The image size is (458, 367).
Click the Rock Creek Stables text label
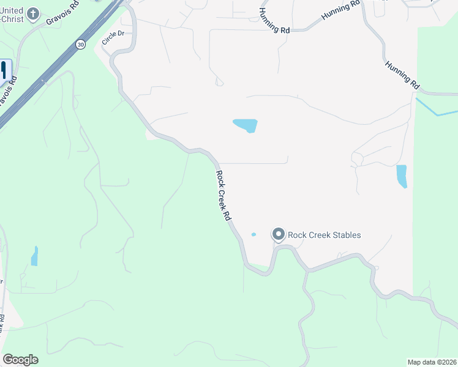(x=324, y=235)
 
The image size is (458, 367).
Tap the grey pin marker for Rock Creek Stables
(x=279, y=235)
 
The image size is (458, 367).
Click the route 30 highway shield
(x=81, y=44)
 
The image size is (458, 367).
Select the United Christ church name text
(x=12, y=15)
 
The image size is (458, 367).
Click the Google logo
(x=20, y=360)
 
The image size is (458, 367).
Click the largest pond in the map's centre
(x=246, y=125)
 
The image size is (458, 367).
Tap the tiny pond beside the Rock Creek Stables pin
(x=253, y=234)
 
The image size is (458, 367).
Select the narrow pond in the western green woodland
(x=34, y=256)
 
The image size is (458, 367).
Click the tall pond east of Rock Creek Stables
(x=402, y=176)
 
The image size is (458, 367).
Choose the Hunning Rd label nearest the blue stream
(x=402, y=75)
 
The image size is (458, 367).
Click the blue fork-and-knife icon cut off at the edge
(x=3, y=70)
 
